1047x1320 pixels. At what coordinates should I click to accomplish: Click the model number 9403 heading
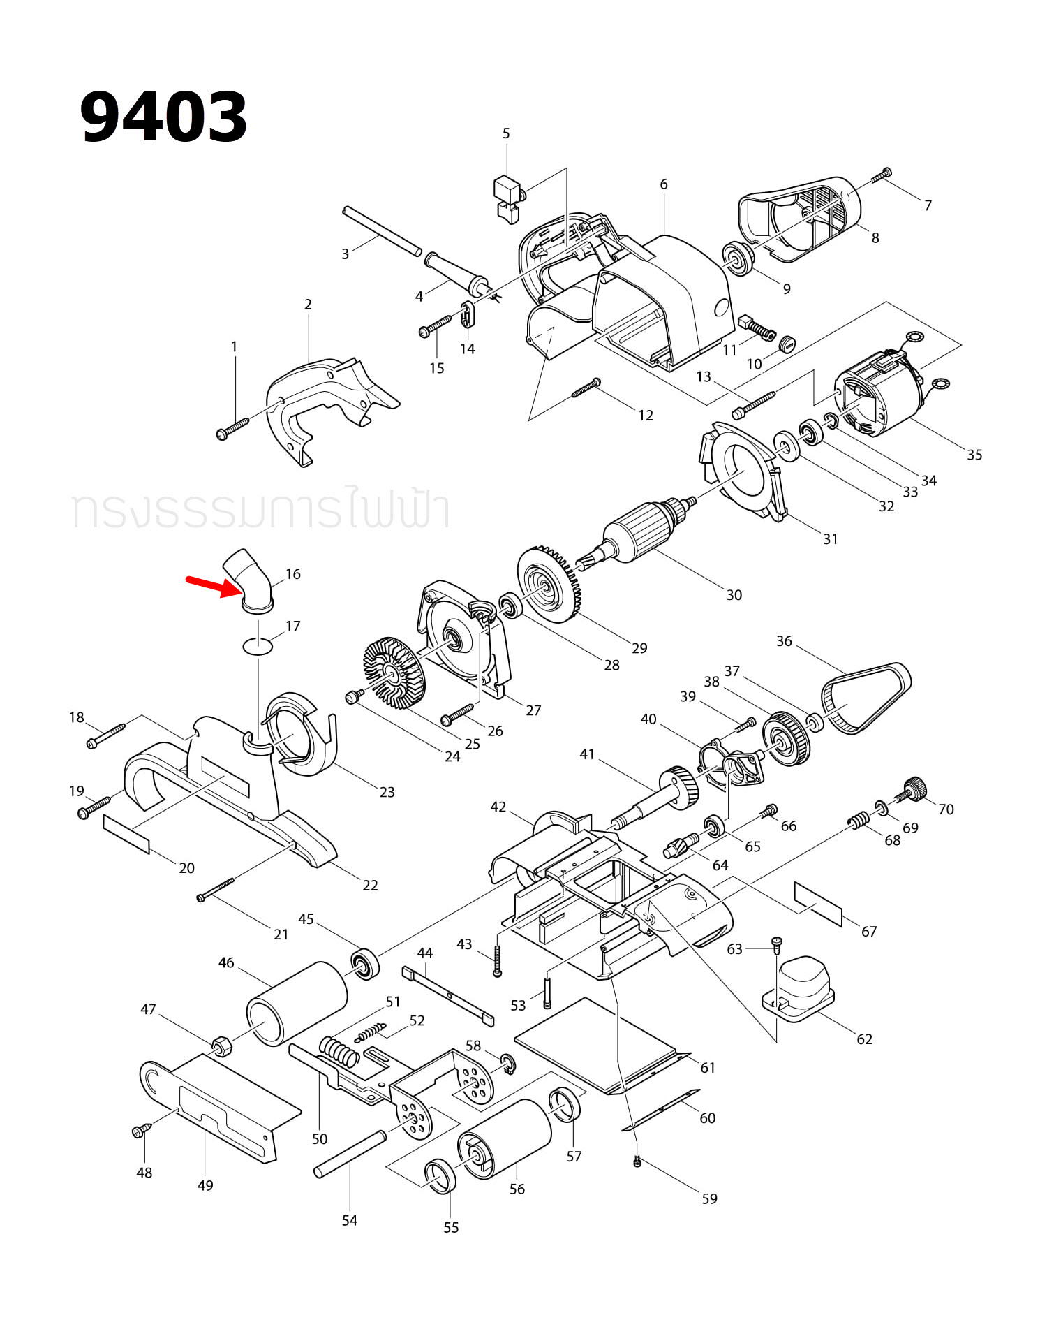coord(163,117)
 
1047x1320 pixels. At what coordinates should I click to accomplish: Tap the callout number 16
coord(293,574)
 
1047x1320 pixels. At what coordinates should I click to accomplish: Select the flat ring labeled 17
coord(257,645)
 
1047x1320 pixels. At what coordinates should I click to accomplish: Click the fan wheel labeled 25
coord(394,670)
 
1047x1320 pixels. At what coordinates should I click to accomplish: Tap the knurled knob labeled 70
coord(914,789)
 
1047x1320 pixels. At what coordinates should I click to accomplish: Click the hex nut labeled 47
coord(222,1046)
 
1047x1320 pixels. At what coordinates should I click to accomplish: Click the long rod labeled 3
coord(382,231)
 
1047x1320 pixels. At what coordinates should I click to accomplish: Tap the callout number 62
coord(864,1039)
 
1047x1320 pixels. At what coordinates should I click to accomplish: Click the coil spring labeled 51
coord(339,1051)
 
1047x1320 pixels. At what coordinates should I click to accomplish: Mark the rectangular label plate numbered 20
coord(126,833)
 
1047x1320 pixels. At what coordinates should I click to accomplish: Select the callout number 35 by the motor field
coord(974,455)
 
